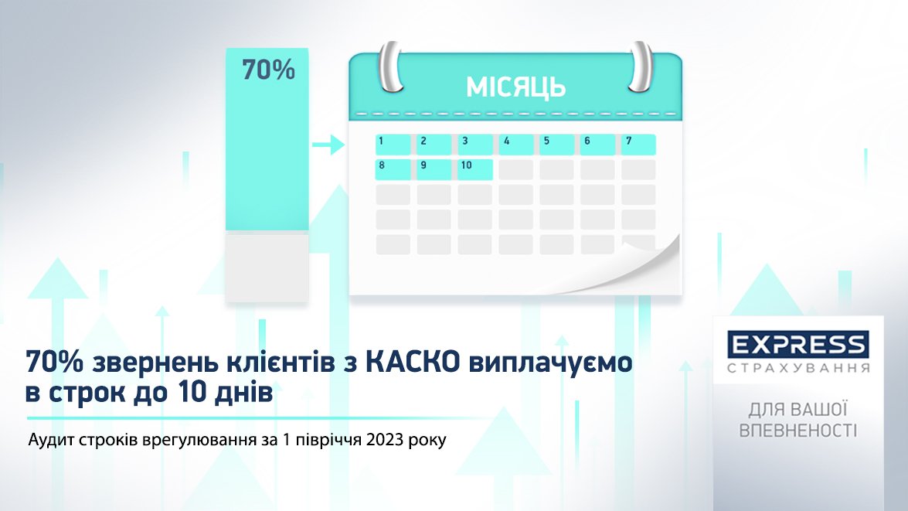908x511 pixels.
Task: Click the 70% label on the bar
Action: point(269,70)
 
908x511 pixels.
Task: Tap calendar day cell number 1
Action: point(393,145)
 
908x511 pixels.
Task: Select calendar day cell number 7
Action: point(639,145)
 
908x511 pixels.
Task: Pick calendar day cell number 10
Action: point(474,170)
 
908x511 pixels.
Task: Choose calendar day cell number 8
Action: point(393,170)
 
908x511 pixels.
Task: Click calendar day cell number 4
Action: point(516,145)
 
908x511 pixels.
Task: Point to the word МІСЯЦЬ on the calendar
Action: point(515,87)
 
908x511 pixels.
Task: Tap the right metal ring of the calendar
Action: point(641,66)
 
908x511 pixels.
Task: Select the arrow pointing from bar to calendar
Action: point(328,145)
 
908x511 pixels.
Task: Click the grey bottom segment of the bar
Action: point(267,267)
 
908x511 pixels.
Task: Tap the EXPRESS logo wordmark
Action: point(798,346)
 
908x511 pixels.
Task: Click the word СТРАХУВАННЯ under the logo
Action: point(798,369)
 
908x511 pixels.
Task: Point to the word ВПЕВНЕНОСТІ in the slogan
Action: point(798,431)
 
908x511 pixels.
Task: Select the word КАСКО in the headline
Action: point(413,363)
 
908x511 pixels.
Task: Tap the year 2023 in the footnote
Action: point(384,440)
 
